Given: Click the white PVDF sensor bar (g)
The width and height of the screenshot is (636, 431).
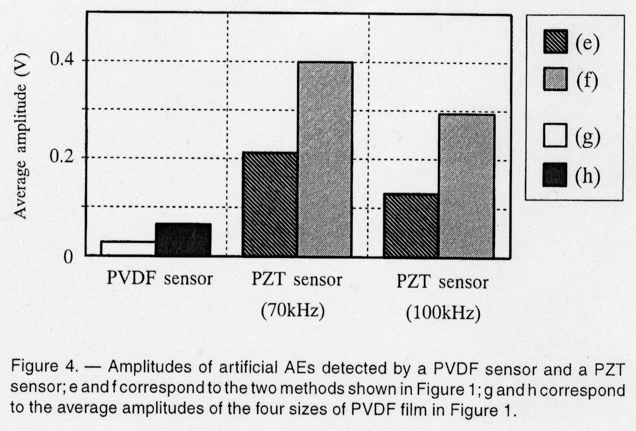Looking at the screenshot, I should [x=128, y=249].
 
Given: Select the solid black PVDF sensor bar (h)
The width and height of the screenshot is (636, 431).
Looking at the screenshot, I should [x=183, y=240].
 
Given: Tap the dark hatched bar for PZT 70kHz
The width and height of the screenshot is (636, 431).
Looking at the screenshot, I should [x=269, y=204].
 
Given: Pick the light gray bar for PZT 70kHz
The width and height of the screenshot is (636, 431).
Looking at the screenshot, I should [x=325, y=159].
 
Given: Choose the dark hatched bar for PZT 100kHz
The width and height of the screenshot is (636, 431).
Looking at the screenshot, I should [x=411, y=226].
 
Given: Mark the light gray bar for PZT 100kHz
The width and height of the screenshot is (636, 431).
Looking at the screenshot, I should [x=467, y=186].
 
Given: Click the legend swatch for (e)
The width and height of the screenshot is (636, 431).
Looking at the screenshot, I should [x=555, y=42].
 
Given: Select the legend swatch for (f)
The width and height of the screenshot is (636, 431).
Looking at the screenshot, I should [x=555, y=79].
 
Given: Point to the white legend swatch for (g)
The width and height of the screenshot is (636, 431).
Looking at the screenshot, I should [x=555, y=136].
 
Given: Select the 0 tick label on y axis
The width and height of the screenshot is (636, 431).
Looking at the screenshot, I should [x=68, y=257].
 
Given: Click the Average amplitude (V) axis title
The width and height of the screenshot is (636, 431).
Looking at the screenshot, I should [x=21, y=136].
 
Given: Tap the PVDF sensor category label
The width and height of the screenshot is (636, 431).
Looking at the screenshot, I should [x=159, y=278].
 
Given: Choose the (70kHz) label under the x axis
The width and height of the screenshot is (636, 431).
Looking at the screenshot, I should [x=293, y=311].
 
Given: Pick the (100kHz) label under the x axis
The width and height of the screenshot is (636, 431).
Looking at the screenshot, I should [x=443, y=313].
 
